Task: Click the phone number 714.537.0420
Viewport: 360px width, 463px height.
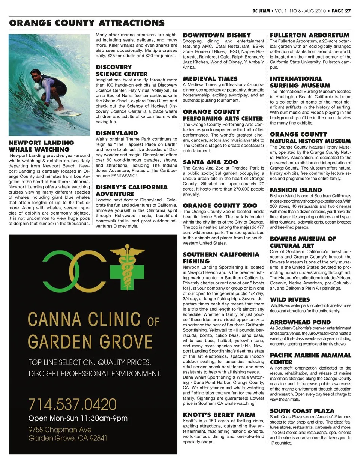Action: coord(72,404)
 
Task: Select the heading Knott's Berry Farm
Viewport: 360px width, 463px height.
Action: coord(219,415)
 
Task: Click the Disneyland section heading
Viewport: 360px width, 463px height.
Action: coord(117,133)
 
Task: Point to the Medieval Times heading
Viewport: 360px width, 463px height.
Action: coord(210,79)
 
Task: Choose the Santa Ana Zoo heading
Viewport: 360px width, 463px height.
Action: coord(210,162)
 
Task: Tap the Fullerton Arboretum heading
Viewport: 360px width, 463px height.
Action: coord(310,35)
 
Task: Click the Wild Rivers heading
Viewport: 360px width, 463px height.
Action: coord(290,299)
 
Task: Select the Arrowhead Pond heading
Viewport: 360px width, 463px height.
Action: coord(300,322)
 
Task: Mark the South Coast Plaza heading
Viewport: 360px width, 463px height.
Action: coord(302,410)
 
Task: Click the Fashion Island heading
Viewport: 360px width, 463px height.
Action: coord(296,190)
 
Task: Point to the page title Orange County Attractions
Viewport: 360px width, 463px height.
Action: coord(87,23)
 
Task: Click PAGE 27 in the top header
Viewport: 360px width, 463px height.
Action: coord(341,11)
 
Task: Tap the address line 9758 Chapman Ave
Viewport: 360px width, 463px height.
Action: coord(60,430)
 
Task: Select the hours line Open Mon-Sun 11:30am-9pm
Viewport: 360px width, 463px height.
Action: coord(78,418)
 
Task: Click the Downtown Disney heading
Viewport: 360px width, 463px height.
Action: coord(217,35)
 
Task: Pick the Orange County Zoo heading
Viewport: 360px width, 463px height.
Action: coord(220,206)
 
